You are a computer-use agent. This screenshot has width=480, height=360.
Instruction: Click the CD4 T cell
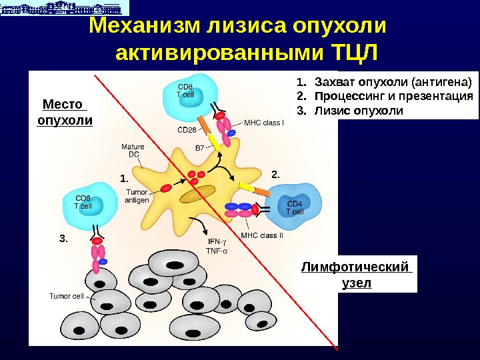click(x=294, y=207)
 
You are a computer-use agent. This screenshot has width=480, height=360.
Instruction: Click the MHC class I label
click(x=264, y=123)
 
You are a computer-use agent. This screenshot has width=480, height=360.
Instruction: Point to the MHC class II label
click(x=262, y=235)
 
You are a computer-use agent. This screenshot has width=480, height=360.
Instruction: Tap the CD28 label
click(x=187, y=130)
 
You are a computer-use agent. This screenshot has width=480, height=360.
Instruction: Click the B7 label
click(x=199, y=147)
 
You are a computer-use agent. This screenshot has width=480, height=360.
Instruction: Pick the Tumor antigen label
click(x=137, y=195)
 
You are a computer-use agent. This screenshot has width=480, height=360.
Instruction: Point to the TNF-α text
click(x=217, y=251)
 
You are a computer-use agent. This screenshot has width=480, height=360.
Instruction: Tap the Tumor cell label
click(x=66, y=296)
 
